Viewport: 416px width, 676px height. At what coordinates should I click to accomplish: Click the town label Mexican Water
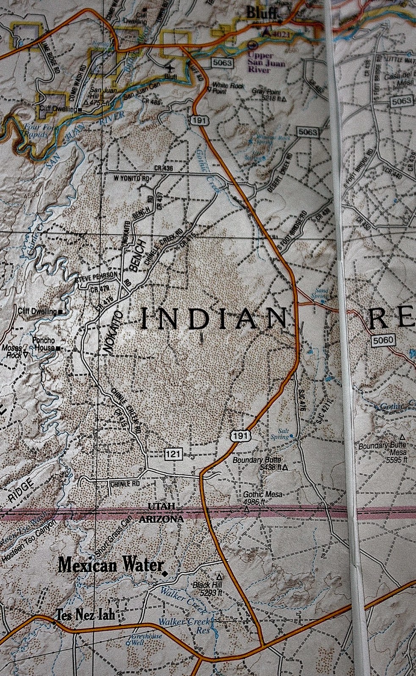[x=111, y=564]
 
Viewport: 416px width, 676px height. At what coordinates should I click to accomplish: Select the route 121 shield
[x=173, y=455]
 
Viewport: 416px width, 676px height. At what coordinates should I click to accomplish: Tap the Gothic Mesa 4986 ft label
[x=262, y=498]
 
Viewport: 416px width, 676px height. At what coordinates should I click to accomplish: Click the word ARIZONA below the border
[x=161, y=519]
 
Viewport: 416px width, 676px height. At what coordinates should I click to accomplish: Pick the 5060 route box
[x=383, y=340]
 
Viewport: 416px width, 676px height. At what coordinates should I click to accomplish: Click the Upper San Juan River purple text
[x=266, y=63]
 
